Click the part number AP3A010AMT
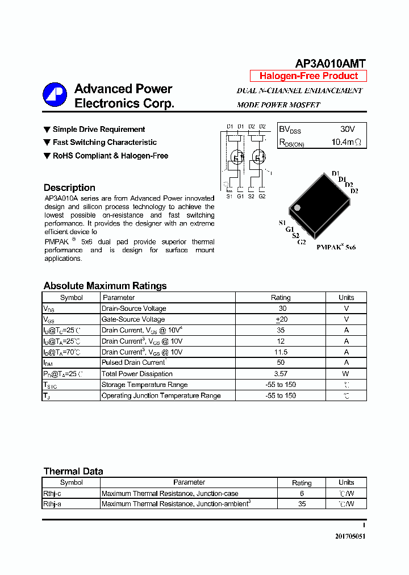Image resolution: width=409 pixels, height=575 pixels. [330, 64]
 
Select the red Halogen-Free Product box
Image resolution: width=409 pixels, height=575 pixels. [308, 76]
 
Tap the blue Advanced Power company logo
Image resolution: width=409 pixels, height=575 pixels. [55, 95]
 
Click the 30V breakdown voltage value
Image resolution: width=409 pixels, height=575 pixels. [347, 130]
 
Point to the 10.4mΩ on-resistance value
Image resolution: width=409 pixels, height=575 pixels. [346, 142]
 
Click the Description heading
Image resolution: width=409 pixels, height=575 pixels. [69, 188]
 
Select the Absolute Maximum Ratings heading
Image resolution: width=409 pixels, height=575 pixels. [105, 286]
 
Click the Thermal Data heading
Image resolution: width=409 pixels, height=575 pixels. [73, 471]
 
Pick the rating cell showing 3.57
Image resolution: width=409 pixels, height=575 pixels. [281, 374]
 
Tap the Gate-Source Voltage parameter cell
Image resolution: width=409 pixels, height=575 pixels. [133, 319]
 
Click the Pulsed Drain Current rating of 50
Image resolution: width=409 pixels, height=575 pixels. [281, 363]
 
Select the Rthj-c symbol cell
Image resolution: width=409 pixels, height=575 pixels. [52, 494]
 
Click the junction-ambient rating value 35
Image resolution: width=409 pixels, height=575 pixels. [302, 504]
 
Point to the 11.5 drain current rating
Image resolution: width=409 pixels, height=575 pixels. [281, 352]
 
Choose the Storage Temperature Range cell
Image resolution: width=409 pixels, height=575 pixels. [145, 385]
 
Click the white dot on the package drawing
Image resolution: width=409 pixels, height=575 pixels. [296, 207]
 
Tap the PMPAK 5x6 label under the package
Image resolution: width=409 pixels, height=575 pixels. [336, 248]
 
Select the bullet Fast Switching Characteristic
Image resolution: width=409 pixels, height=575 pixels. [105, 143]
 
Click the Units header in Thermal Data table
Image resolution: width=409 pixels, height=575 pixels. [346, 482]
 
